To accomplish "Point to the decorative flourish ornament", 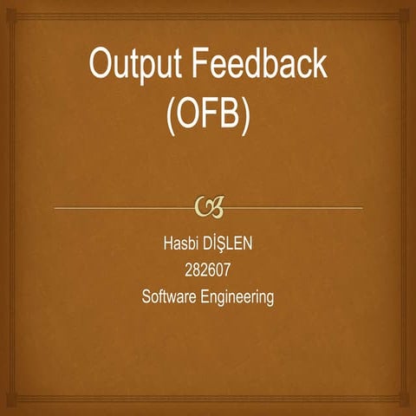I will pos(209,206).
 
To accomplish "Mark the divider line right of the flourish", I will pos(295,208).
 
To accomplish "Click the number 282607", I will pos(208,269).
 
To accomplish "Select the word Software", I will pos(171,297).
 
